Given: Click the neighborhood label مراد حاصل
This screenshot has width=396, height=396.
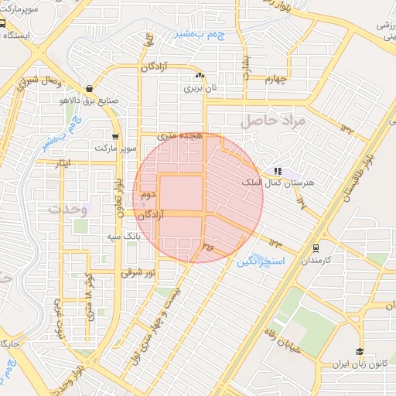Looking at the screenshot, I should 274,121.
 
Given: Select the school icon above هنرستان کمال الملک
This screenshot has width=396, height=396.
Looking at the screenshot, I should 277,171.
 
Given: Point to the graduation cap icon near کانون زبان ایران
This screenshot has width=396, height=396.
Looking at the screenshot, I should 359,352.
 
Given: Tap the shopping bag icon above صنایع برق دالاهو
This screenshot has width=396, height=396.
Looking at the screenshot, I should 92,88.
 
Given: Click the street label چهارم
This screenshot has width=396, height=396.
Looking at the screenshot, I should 275,78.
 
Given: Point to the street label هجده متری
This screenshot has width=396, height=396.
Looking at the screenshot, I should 179,135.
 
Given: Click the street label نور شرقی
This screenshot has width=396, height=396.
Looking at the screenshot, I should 138,273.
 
